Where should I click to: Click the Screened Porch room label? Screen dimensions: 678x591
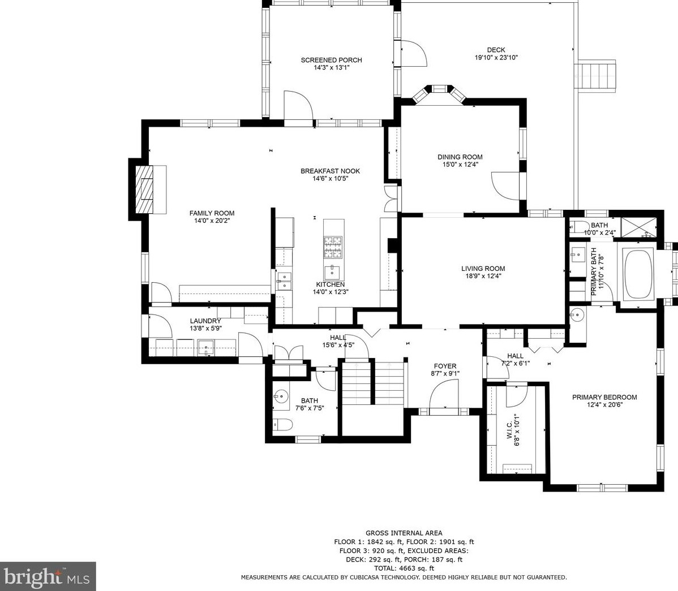point(331,60)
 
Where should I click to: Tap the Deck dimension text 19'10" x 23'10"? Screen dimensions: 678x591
point(496,58)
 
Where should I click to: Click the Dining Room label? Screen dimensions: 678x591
point(460,157)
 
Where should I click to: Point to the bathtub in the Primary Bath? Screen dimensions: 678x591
point(638,274)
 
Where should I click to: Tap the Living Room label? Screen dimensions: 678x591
point(483,268)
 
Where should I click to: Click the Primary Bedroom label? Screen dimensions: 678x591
point(604,397)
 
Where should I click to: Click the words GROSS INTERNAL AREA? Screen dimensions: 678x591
point(404,533)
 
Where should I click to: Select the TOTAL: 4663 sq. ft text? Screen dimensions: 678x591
point(404,568)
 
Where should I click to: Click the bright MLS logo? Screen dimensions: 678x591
point(47,576)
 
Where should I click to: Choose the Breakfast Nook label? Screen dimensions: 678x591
point(331,171)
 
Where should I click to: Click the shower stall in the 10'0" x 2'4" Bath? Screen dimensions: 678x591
point(638,227)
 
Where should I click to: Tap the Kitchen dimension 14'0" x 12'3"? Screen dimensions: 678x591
point(331,292)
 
